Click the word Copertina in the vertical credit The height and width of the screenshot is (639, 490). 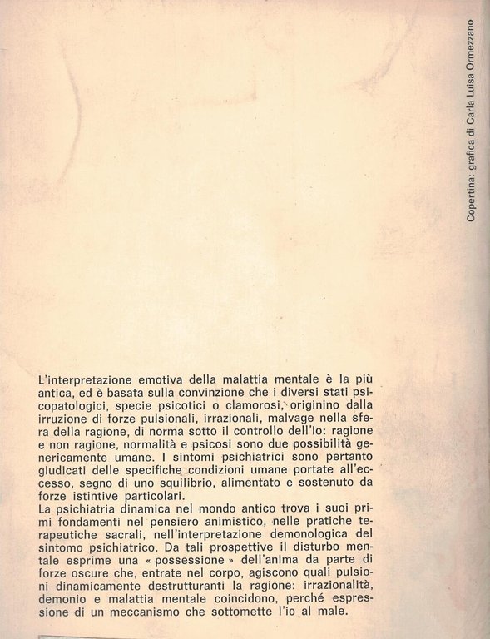tap(471, 199)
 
